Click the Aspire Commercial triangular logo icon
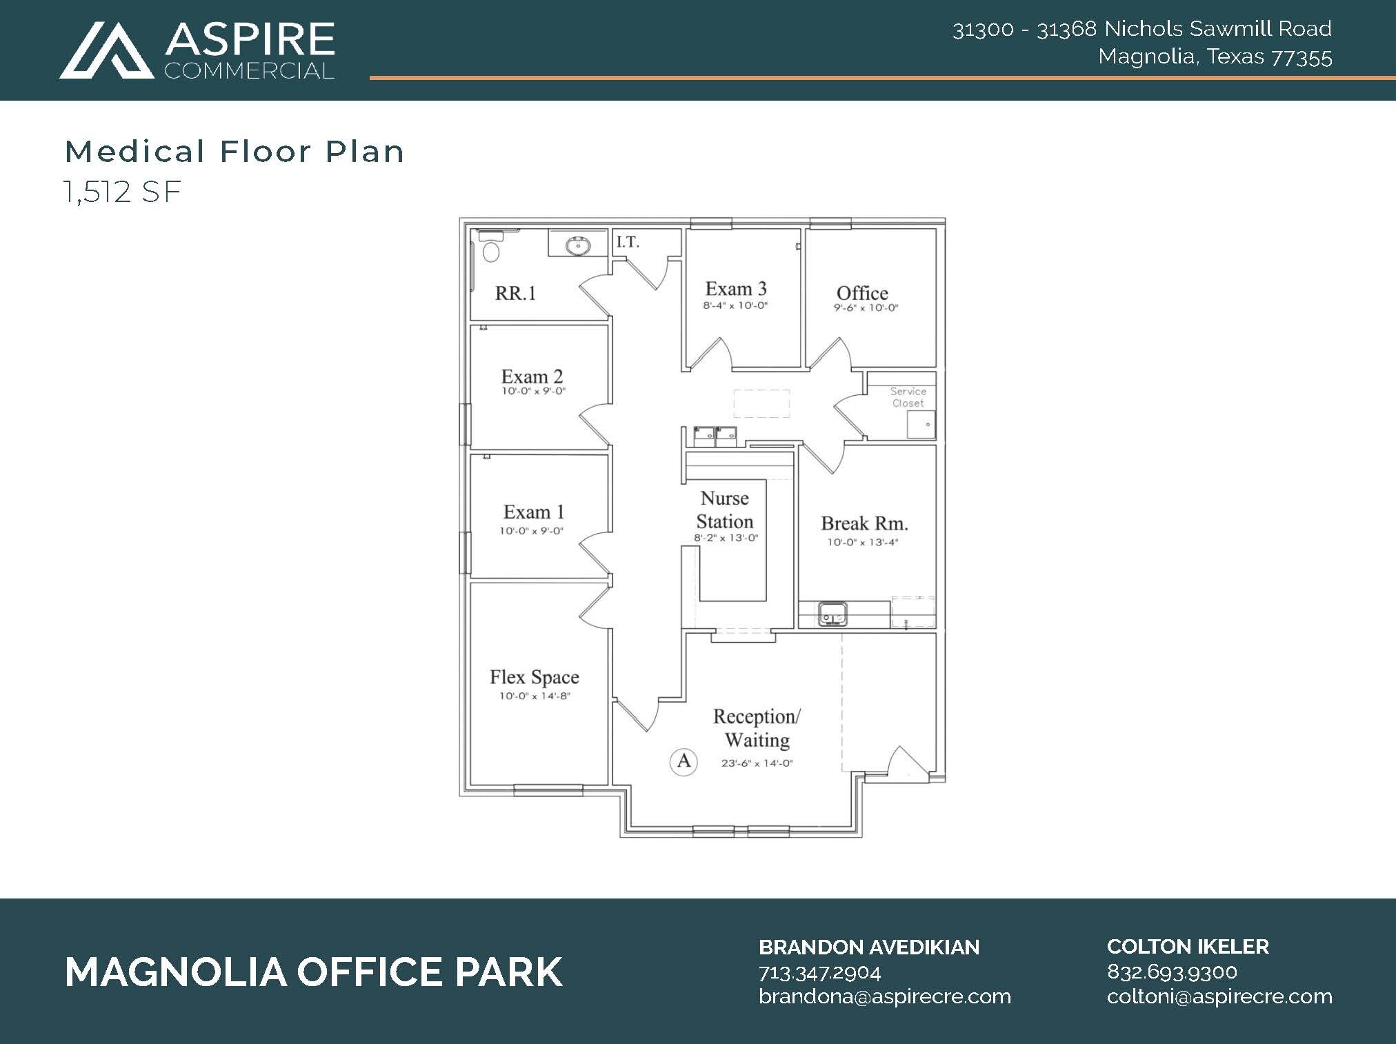(106, 51)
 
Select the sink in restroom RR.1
(577, 245)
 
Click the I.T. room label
(628, 242)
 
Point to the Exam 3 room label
(735, 289)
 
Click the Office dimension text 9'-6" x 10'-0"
(866, 308)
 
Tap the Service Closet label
(908, 397)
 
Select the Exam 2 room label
(532, 377)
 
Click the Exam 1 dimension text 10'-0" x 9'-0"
(531, 531)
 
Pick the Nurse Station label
(724, 510)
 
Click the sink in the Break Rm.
(832, 613)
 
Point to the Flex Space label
(535, 677)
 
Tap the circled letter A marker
(684, 761)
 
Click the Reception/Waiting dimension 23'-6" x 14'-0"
(757, 763)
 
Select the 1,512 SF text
(123, 192)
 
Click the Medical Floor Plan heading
(235, 152)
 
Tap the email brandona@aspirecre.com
(884, 996)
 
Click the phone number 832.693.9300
(1172, 972)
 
